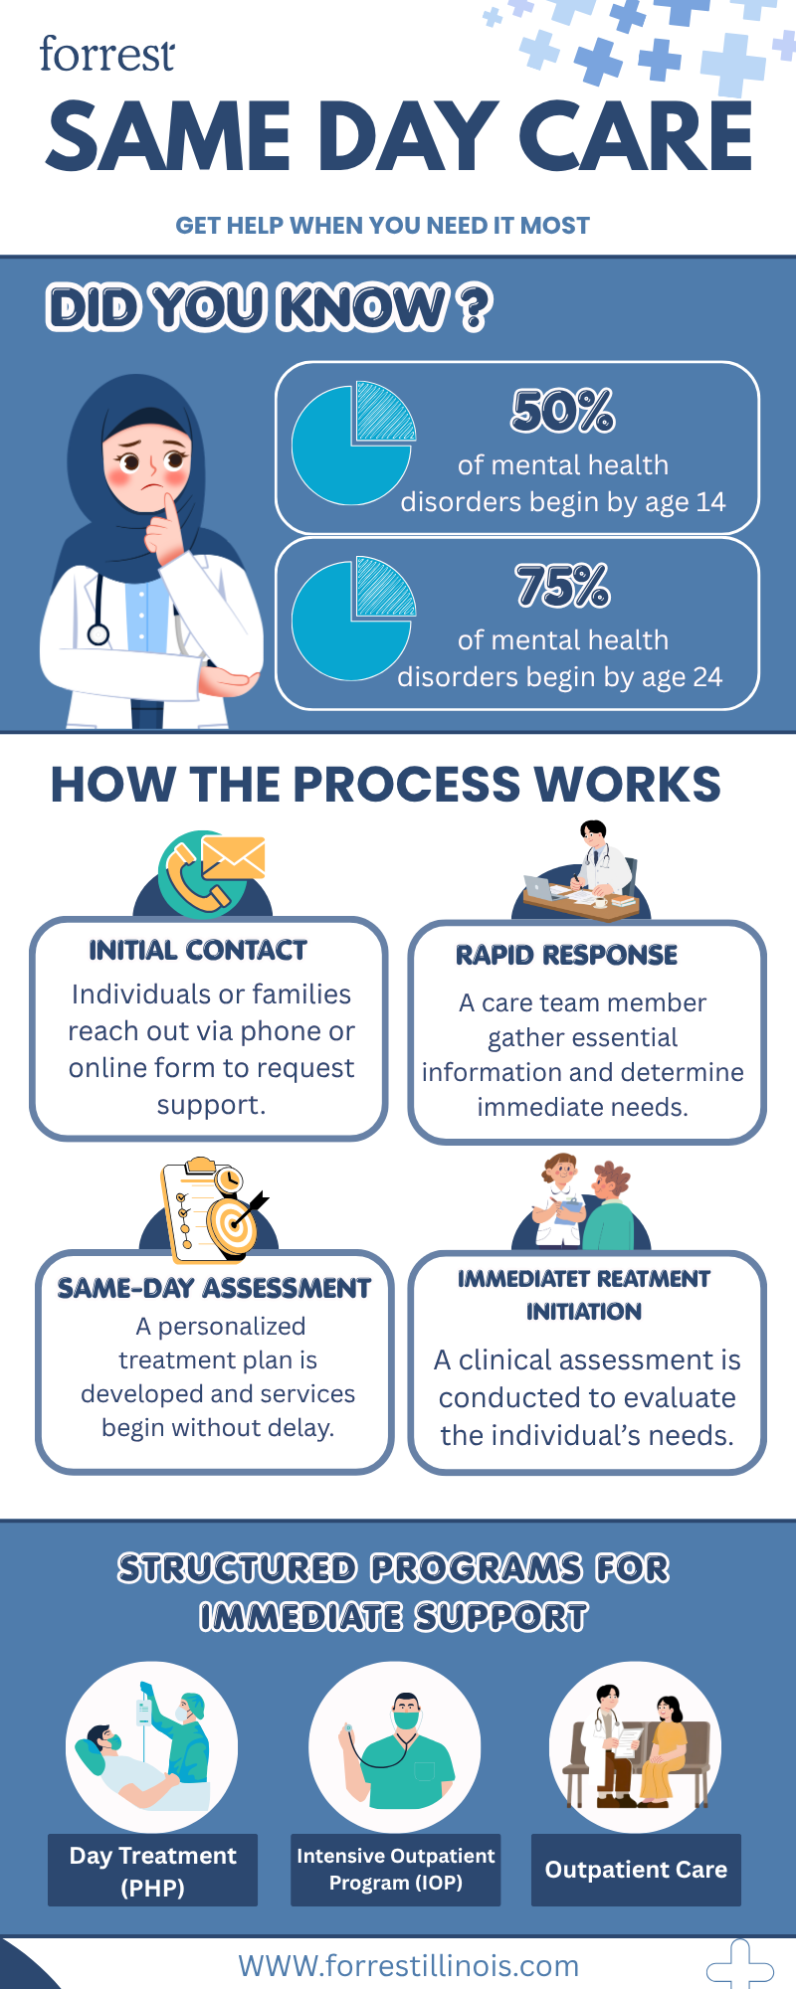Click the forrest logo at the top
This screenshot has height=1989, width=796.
coord(106,54)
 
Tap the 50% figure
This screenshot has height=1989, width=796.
coord(563,411)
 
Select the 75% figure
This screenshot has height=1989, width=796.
coord(563,586)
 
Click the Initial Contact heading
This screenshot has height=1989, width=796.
coord(198,951)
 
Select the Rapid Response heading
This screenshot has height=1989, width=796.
coord(566,956)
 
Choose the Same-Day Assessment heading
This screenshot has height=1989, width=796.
coord(214,1289)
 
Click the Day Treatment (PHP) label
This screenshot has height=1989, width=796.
coord(152,1870)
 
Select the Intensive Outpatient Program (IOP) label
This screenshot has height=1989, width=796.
coord(395,1870)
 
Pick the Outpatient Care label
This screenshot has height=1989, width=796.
coord(636,1870)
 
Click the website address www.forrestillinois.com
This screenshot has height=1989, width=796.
coord(408,1966)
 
